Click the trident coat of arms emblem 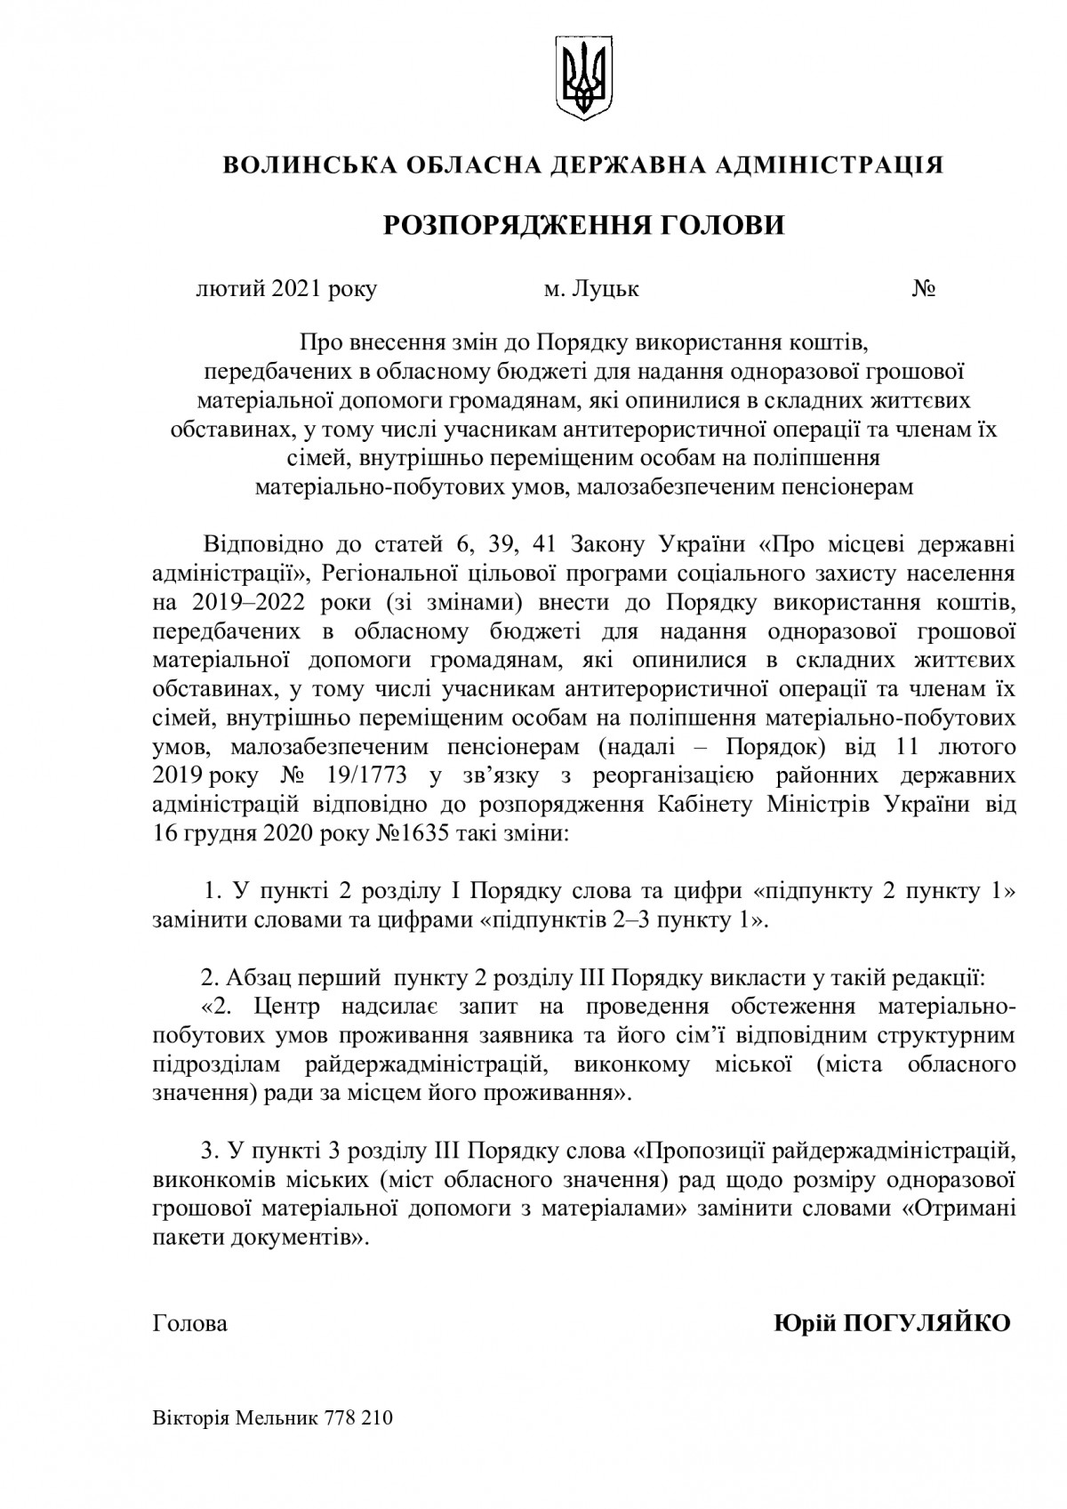583,76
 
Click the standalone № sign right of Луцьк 922,289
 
